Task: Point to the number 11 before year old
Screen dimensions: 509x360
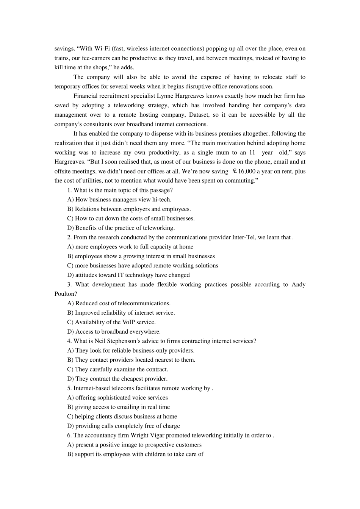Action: tap(252, 153)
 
